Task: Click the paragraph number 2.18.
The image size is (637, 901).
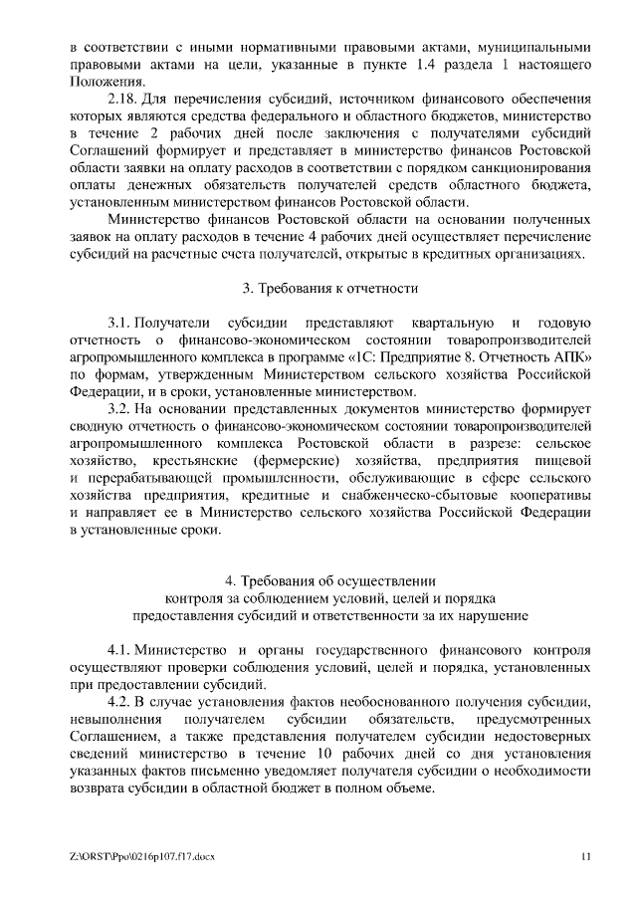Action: pyautogui.click(x=121, y=101)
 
